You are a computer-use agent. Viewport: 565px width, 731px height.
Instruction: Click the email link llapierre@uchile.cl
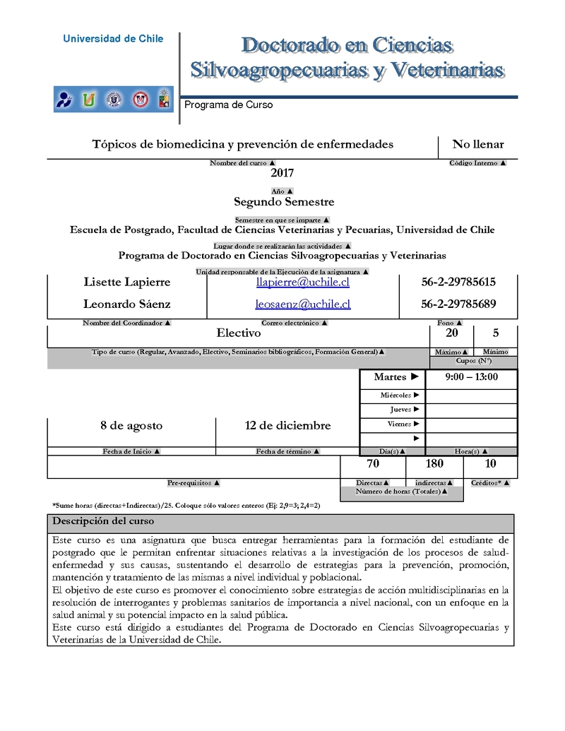pyautogui.click(x=303, y=283)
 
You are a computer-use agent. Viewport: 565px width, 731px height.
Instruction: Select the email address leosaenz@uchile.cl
pyautogui.click(x=303, y=304)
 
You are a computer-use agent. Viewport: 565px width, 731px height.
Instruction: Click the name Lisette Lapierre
pyautogui.click(x=127, y=283)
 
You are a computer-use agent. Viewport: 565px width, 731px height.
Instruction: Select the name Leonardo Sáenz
pyautogui.click(x=127, y=304)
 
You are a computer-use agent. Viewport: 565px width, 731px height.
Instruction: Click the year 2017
pyautogui.click(x=282, y=173)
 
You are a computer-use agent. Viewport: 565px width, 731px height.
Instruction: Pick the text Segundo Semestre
pyautogui.click(x=284, y=202)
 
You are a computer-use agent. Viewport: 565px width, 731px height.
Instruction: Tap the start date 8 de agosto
pyautogui.click(x=131, y=426)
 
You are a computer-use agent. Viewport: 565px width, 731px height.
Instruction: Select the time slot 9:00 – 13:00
pyautogui.click(x=472, y=377)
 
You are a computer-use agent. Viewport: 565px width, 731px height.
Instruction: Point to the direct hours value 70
pyautogui.click(x=373, y=464)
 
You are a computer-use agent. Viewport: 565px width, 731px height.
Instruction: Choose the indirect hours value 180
pyautogui.click(x=434, y=464)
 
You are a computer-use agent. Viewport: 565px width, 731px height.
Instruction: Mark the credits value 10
pyautogui.click(x=491, y=464)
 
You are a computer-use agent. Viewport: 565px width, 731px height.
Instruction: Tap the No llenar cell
pyautogui.click(x=478, y=145)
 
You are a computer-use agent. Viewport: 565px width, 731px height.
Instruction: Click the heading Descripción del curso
pyautogui.click(x=104, y=522)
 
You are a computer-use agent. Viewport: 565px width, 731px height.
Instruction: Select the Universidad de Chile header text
pyautogui.click(x=113, y=39)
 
